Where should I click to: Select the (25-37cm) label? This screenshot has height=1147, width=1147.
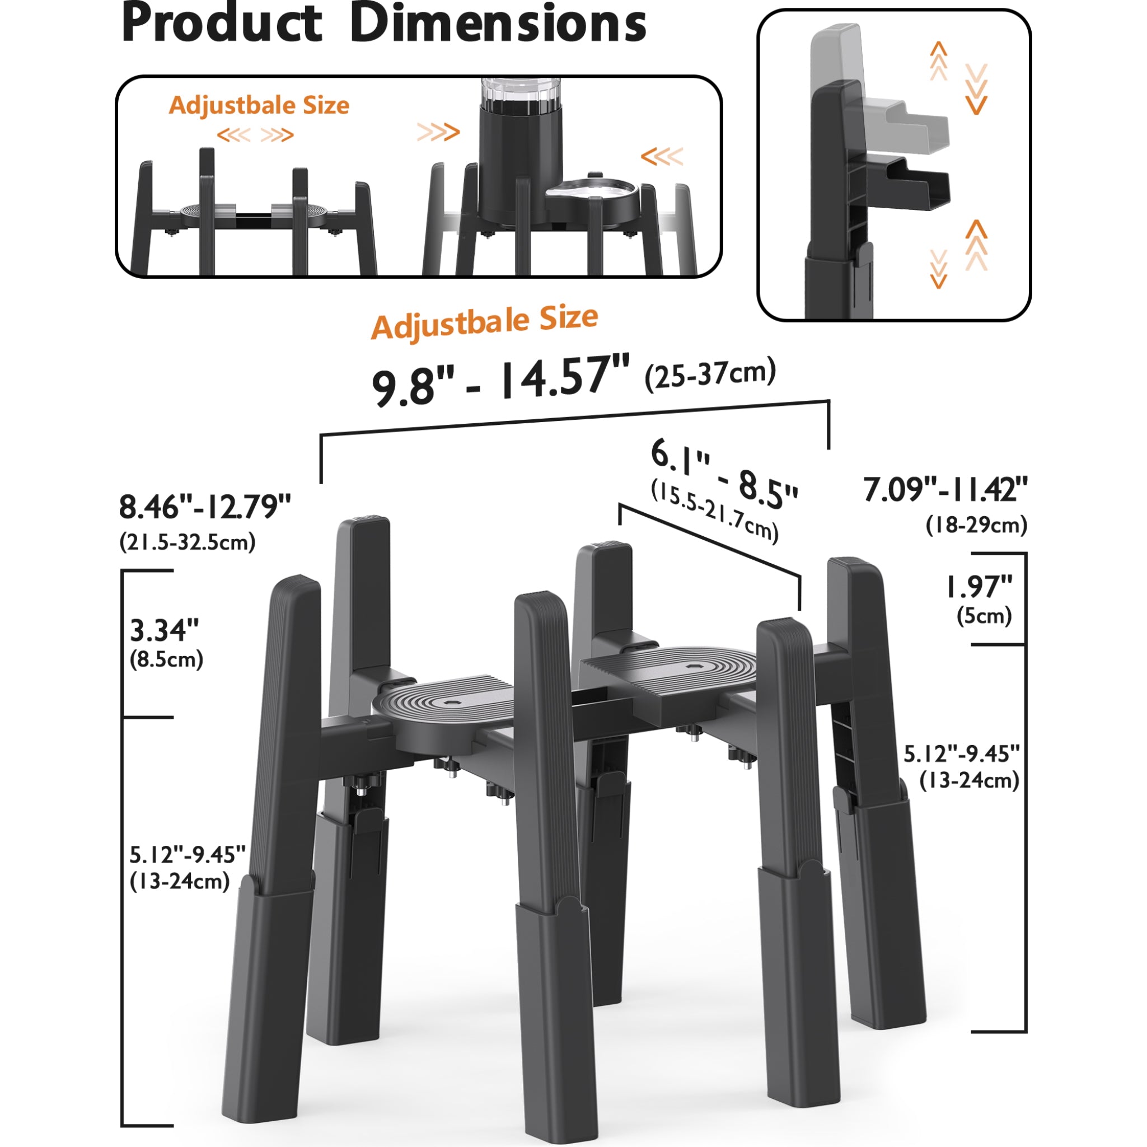coord(710,374)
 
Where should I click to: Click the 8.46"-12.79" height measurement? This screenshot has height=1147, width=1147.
coord(205,507)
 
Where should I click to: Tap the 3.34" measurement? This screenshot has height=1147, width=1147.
coord(165,630)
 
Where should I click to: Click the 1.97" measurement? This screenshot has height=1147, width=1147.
coord(979,587)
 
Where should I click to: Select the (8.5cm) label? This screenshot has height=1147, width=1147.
coord(167,659)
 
